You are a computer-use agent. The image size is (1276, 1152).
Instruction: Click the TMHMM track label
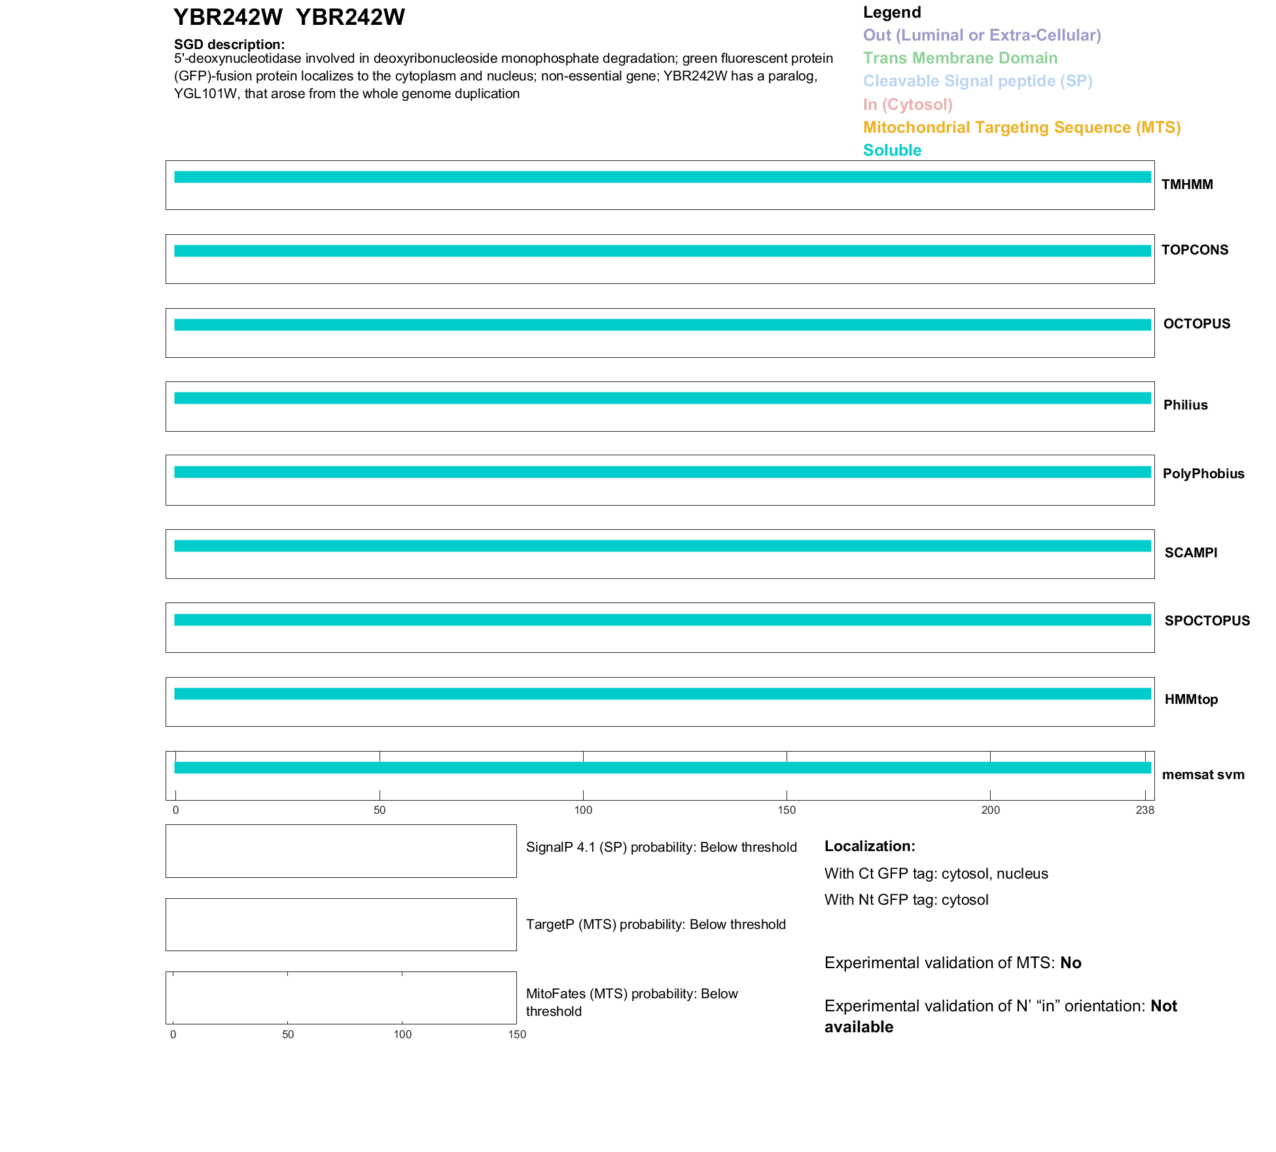(1186, 184)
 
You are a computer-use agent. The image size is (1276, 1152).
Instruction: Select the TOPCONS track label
(1194, 250)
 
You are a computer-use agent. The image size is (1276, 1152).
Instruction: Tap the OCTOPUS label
(1196, 324)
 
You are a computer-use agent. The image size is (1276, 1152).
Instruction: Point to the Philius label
(1185, 405)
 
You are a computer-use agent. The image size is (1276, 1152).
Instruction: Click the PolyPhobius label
(1203, 474)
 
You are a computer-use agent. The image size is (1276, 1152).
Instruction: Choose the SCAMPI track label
(1190, 553)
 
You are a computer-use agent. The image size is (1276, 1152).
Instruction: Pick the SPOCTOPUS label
(1207, 621)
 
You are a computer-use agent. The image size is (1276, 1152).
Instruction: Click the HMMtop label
(1191, 699)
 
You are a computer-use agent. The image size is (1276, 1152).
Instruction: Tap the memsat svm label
(1203, 775)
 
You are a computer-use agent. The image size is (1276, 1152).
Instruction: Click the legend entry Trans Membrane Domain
(960, 58)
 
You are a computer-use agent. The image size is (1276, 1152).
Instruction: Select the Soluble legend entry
(892, 150)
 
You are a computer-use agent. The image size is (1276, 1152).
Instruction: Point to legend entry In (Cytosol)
(908, 105)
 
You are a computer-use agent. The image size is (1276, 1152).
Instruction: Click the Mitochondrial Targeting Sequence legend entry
(1021, 128)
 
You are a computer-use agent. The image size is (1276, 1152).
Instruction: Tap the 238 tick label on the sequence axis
(1144, 811)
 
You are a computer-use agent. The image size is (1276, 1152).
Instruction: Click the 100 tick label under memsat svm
(583, 811)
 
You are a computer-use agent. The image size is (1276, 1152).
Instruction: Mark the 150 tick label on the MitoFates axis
(517, 1034)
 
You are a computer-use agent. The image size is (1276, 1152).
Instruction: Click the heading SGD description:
(229, 44)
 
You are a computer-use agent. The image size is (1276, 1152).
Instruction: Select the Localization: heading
(870, 846)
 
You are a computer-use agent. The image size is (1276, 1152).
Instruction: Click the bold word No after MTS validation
(1071, 963)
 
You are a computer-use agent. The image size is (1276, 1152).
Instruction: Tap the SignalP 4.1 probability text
(661, 847)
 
